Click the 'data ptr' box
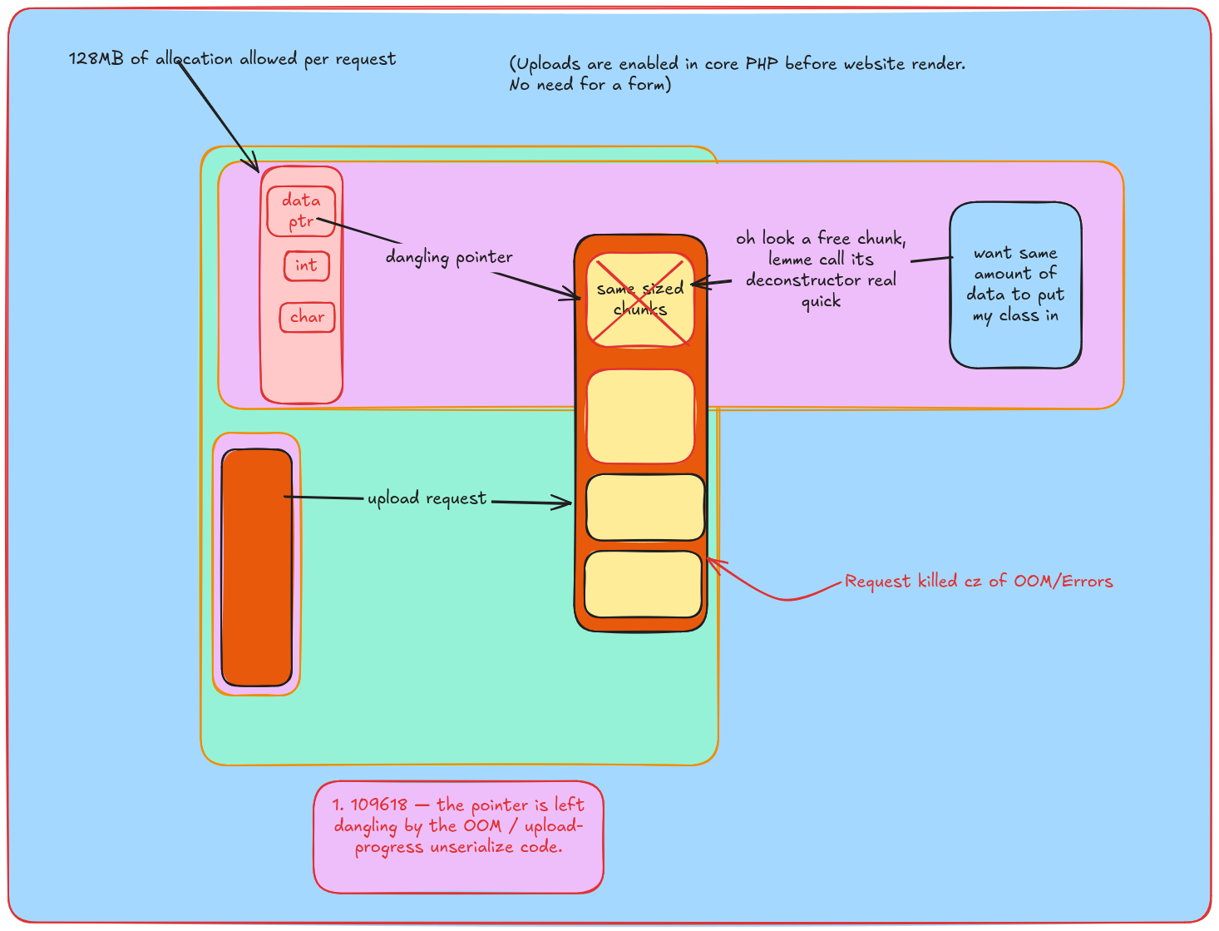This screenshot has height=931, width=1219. point(301,211)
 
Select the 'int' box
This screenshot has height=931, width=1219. point(307,265)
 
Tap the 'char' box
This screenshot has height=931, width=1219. point(307,317)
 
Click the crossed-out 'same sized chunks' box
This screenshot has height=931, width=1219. point(639,300)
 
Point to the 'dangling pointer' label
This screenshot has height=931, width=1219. point(449,257)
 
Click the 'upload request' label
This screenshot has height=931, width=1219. point(427,498)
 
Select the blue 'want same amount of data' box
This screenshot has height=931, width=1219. point(1015,285)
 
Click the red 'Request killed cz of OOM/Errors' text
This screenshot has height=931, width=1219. point(979,581)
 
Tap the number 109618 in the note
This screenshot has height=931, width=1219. point(378,805)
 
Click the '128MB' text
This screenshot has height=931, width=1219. point(96,58)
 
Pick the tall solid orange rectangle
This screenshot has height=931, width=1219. point(257,567)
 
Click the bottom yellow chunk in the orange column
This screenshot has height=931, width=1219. point(643,584)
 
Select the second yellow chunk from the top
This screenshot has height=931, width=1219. point(639,416)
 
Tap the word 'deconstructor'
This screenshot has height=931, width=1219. point(797,280)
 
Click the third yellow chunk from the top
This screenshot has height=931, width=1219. point(644,508)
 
